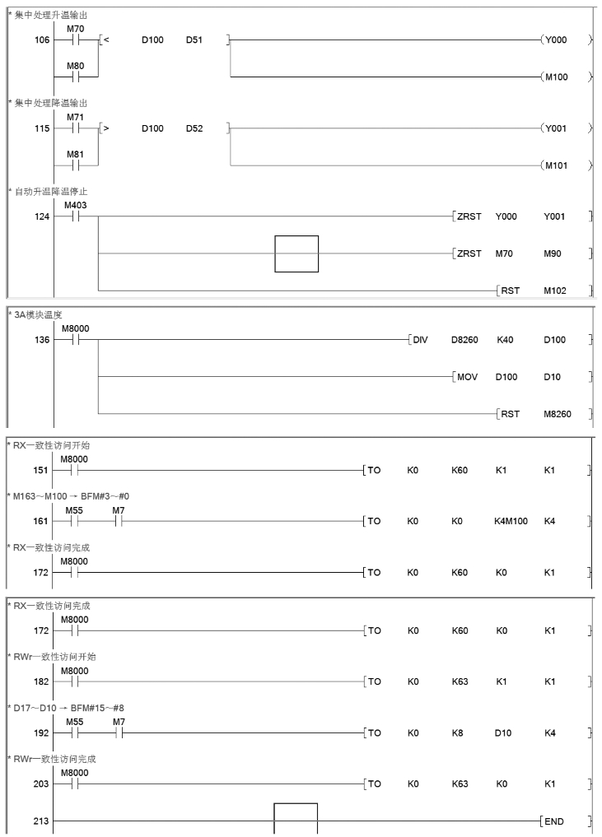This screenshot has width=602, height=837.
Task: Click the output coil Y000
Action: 554,39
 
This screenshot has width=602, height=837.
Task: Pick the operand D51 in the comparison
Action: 196,39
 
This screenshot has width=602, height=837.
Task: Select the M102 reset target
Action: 555,291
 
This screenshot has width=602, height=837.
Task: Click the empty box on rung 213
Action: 296,819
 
